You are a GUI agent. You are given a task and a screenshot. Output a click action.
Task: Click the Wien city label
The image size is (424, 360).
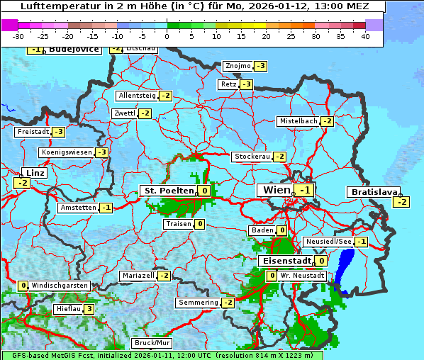(277, 190)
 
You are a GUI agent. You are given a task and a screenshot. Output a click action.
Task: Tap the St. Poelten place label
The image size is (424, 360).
(167, 191)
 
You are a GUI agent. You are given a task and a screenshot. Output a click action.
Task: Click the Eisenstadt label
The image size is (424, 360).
(285, 261)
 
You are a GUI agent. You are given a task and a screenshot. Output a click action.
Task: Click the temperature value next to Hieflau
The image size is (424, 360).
(89, 309)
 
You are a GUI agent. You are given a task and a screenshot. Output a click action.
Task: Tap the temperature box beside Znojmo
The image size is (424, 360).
(261, 66)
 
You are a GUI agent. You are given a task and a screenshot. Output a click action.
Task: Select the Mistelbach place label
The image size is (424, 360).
(299, 121)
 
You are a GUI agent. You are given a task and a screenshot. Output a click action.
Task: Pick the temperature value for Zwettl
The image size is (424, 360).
(145, 113)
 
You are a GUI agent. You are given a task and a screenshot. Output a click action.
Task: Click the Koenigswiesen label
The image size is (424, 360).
(67, 152)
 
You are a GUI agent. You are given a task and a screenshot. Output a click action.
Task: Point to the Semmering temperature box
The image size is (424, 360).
(228, 303)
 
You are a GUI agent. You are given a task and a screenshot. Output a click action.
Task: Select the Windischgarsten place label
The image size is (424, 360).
(60, 286)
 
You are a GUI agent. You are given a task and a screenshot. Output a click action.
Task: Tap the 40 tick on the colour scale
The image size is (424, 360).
(365, 36)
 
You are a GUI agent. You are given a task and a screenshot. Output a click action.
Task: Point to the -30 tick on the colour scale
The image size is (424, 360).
(18, 36)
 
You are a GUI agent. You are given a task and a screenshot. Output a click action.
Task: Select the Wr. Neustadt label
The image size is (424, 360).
(303, 275)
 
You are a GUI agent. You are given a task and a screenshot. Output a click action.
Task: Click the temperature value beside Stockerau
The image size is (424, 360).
(280, 157)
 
